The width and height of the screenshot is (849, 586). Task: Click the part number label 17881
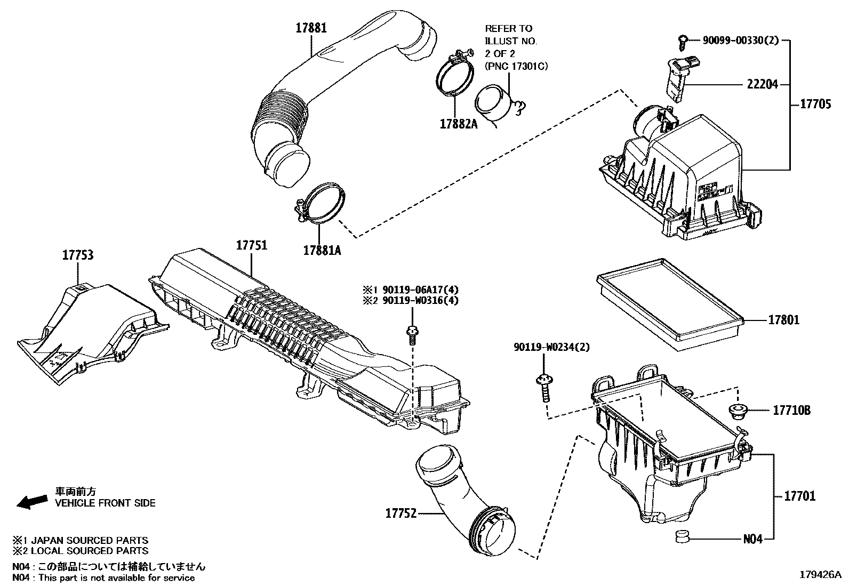(311, 28)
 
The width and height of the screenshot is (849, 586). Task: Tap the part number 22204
(762, 84)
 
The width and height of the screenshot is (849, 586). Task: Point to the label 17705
(815, 104)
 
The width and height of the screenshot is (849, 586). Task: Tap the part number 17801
(783, 320)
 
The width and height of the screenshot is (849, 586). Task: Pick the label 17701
(799, 496)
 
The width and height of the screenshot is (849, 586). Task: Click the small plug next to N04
(681, 536)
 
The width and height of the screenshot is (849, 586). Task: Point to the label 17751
(252, 245)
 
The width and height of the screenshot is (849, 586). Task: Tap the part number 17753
(78, 255)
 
